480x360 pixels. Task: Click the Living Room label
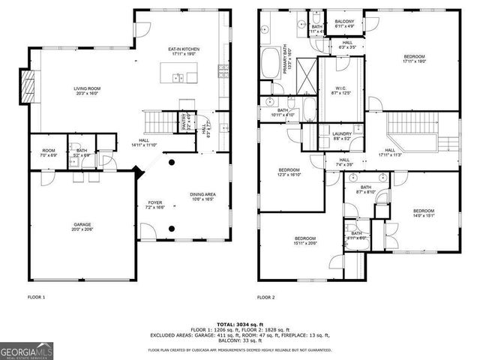(85, 90)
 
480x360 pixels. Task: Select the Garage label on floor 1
(82, 226)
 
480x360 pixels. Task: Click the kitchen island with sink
(178, 77)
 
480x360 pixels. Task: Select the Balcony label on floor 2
(344, 23)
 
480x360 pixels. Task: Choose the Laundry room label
(341, 136)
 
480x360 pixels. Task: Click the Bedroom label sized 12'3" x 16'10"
(289, 172)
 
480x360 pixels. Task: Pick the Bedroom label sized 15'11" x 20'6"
(304, 240)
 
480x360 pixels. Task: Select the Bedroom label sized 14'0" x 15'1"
(424, 214)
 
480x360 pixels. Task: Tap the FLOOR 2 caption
(266, 298)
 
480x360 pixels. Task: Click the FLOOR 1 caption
(36, 298)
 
